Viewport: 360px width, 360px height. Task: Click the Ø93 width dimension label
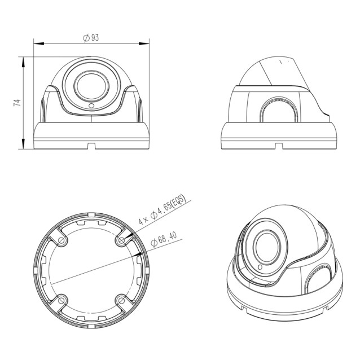pyautogui.click(x=91, y=38)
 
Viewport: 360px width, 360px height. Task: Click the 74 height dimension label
pyautogui.click(x=17, y=103)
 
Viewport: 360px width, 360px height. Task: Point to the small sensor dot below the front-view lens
pyautogui.click(x=91, y=106)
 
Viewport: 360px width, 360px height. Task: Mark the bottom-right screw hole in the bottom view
pyautogui.click(x=120, y=299)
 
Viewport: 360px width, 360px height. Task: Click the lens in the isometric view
pyautogui.click(x=265, y=245)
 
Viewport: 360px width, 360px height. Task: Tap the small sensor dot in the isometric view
pyautogui.click(x=260, y=267)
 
